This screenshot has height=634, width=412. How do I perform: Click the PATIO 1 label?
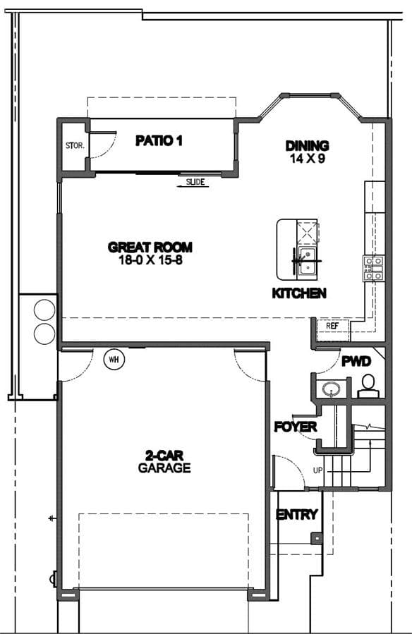pos(159,141)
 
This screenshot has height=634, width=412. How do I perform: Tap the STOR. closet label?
pos(75,145)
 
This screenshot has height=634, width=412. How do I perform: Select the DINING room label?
pos(308,145)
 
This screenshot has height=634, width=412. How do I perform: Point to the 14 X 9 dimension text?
pos(308,159)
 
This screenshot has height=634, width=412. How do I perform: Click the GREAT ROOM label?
pos(150,247)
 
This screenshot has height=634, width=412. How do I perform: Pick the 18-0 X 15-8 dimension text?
pos(150,260)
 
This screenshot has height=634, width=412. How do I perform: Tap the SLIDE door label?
pos(195,182)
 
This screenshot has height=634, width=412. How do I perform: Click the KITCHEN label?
pos(299,293)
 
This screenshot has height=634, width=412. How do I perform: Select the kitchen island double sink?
pos(308,262)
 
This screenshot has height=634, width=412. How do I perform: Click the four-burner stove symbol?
pos(373,268)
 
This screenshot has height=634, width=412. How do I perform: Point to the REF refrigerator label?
pos(332,325)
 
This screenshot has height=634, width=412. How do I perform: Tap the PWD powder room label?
pos(356,361)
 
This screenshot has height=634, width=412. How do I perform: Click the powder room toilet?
pos(368,386)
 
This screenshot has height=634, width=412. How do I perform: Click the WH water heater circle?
pos(114,360)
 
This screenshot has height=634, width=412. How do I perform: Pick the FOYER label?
pos(296,427)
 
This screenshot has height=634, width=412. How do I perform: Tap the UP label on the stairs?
pos(318,470)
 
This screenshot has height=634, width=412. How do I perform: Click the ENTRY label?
pos(297,515)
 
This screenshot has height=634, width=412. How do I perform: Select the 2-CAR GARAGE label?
pos(164,462)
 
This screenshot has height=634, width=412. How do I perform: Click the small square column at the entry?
pos(317,539)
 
